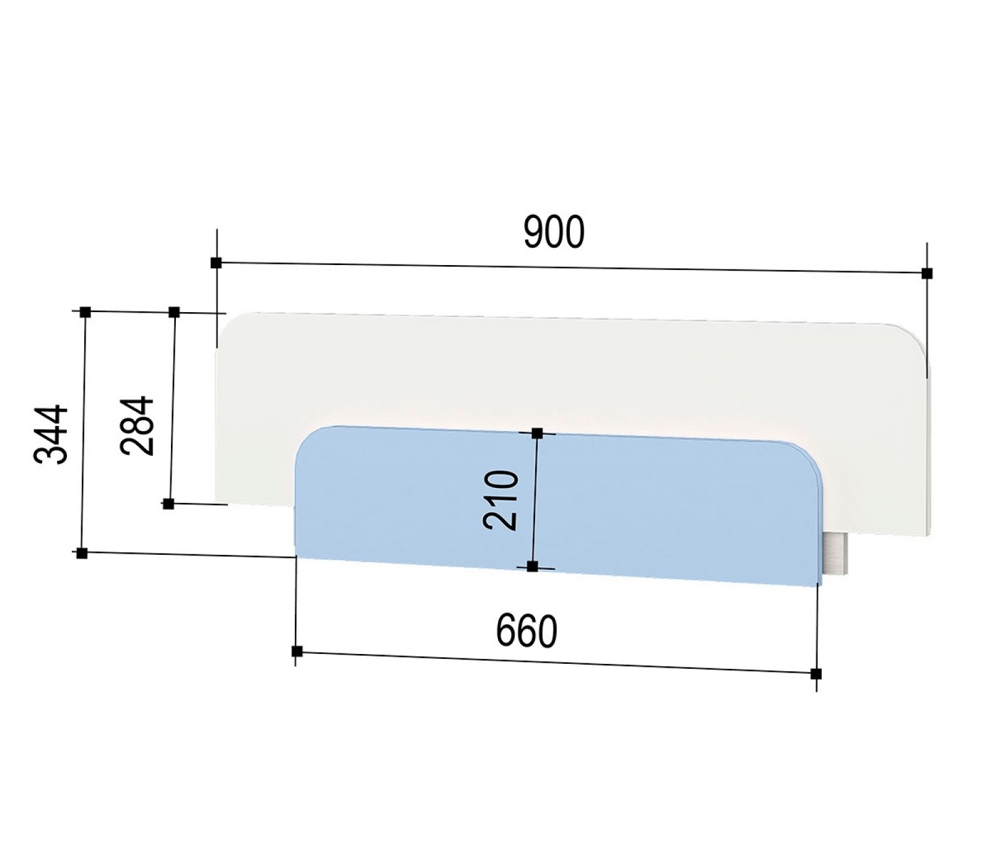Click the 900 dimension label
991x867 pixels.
pyautogui.click(x=554, y=233)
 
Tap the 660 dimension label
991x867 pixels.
pyautogui.click(x=527, y=632)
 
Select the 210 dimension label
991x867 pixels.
pyautogui.click(x=500, y=500)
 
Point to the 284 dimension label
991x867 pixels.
pyautogui.click(x=137, y=425)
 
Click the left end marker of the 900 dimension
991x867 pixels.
pyautogui.click(x=216, y=263)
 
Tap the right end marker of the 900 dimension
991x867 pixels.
pyautogui.click(x=927, y=272)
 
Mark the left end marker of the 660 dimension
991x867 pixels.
pyautogui.click(x=297, y=651)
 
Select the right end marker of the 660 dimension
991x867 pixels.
pyautogui.click(x=816, y=673)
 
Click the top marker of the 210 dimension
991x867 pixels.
pyautogui.click(x=537, y=433)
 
